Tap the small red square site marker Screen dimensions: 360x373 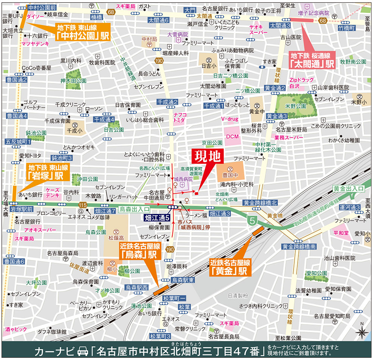point(197,192)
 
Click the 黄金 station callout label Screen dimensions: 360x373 point(229,267)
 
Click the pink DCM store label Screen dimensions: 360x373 point(232,136)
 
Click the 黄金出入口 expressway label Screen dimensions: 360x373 point(348,189)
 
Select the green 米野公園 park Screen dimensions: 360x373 point(297,106)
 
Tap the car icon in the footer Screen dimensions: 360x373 point(82,351)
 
